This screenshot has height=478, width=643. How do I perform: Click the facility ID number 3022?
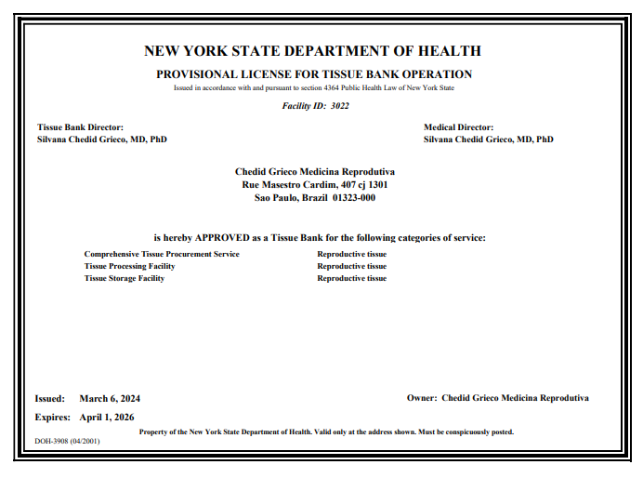point(340,106)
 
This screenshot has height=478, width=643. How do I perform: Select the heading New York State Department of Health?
point(313,51)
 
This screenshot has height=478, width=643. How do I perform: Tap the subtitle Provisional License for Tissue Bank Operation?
point(314,74)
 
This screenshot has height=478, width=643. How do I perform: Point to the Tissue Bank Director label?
point(80,127)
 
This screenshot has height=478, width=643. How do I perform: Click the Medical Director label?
point(458,127)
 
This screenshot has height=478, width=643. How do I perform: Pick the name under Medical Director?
point(488,139)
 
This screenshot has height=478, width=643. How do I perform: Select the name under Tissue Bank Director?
point(102,139)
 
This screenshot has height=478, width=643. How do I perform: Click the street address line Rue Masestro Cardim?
point(315,185)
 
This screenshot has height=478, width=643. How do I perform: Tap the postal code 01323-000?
point(354,197)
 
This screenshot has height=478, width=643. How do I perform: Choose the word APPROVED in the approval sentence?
point(223,238)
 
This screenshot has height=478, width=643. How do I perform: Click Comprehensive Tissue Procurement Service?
point(162,254)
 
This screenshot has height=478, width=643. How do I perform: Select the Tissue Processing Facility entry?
point(129,266)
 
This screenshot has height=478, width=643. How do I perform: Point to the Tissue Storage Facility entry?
point(125,278)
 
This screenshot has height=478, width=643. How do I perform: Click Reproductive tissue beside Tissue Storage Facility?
point(351,278)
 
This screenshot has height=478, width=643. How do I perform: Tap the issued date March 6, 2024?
point(110,398)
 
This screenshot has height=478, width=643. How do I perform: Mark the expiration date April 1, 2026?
point(107,418)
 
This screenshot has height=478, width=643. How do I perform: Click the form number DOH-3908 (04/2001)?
point(67,441)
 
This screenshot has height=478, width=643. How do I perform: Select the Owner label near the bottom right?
point(422,398)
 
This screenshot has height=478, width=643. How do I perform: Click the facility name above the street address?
point(315,172)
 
